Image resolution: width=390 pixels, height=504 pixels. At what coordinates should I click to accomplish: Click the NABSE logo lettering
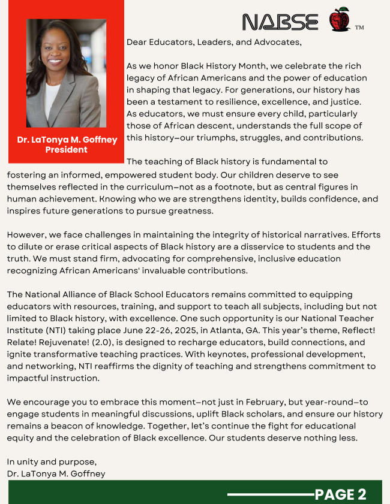[280, 22]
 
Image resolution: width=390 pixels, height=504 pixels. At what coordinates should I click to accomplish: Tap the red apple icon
[339, 20]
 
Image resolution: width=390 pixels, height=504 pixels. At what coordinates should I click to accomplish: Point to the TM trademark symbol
[359, 28]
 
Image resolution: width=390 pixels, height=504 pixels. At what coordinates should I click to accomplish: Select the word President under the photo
[66, 149]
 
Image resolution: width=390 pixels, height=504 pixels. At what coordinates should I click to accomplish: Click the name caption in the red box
[66, 140]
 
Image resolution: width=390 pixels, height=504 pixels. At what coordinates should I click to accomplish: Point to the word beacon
[67, 425]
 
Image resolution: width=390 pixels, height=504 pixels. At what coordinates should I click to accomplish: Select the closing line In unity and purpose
[52, 462]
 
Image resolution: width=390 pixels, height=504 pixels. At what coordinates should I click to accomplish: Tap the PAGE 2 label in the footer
[340, 494]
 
